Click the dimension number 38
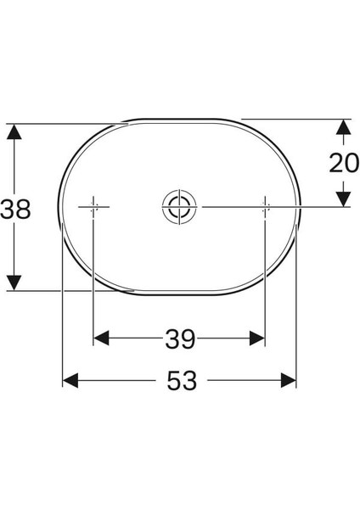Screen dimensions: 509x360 coord(16,209)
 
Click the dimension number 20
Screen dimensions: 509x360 coord(344,162)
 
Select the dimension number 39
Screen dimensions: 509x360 coord(179,339)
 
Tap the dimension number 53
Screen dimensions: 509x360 coord(181,382)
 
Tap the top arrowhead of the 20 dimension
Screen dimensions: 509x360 coord(343,127)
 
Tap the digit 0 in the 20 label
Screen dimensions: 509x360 coord(352,162)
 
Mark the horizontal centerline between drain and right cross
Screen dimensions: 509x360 coord(229,206)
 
